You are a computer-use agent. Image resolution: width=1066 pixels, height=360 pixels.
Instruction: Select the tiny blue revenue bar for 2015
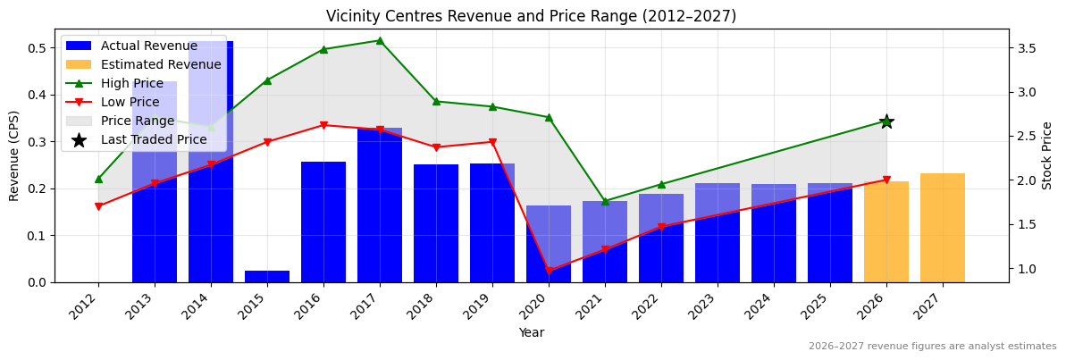[x=267, y=276]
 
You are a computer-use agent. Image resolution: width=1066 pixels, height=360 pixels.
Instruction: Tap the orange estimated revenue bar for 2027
[x=942, y=228]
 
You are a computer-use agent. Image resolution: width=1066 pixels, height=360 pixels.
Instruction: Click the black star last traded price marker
[x=886, y=121]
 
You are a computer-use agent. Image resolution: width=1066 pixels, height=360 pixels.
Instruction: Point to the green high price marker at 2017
[x=380, y=40]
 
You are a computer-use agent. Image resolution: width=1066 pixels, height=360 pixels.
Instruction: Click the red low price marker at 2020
[x=549, y=271]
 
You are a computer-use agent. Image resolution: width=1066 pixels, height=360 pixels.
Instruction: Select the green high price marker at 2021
[x=605, y=201]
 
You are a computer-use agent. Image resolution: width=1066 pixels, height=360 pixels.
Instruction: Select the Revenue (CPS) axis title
[x=14, y=155]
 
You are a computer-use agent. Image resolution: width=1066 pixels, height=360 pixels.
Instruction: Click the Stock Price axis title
[x=1047, y=155]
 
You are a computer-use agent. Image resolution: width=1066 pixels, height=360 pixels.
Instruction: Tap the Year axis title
[x=531, y=333]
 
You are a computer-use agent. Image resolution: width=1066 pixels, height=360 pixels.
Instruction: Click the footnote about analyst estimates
[x=932, y=347]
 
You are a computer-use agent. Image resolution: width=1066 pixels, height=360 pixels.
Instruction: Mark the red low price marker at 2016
[x=323, y=125]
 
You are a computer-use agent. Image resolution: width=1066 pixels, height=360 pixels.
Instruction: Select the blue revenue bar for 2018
[x=436, y=223]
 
